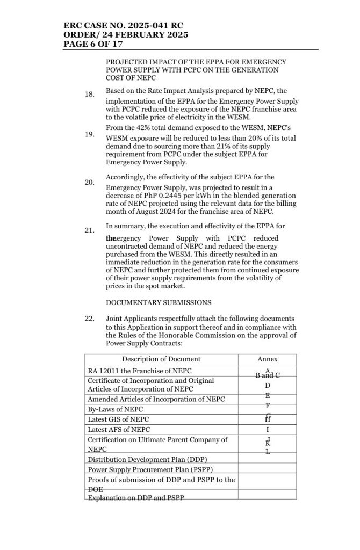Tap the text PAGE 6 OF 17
point(91,44)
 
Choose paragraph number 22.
point(90,319)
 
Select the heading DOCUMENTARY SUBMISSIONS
point(159,302)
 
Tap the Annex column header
point(268,359)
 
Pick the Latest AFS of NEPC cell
point(119,430)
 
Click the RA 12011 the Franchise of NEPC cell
point(140,371)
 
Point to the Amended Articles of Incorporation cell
point(156,399)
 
